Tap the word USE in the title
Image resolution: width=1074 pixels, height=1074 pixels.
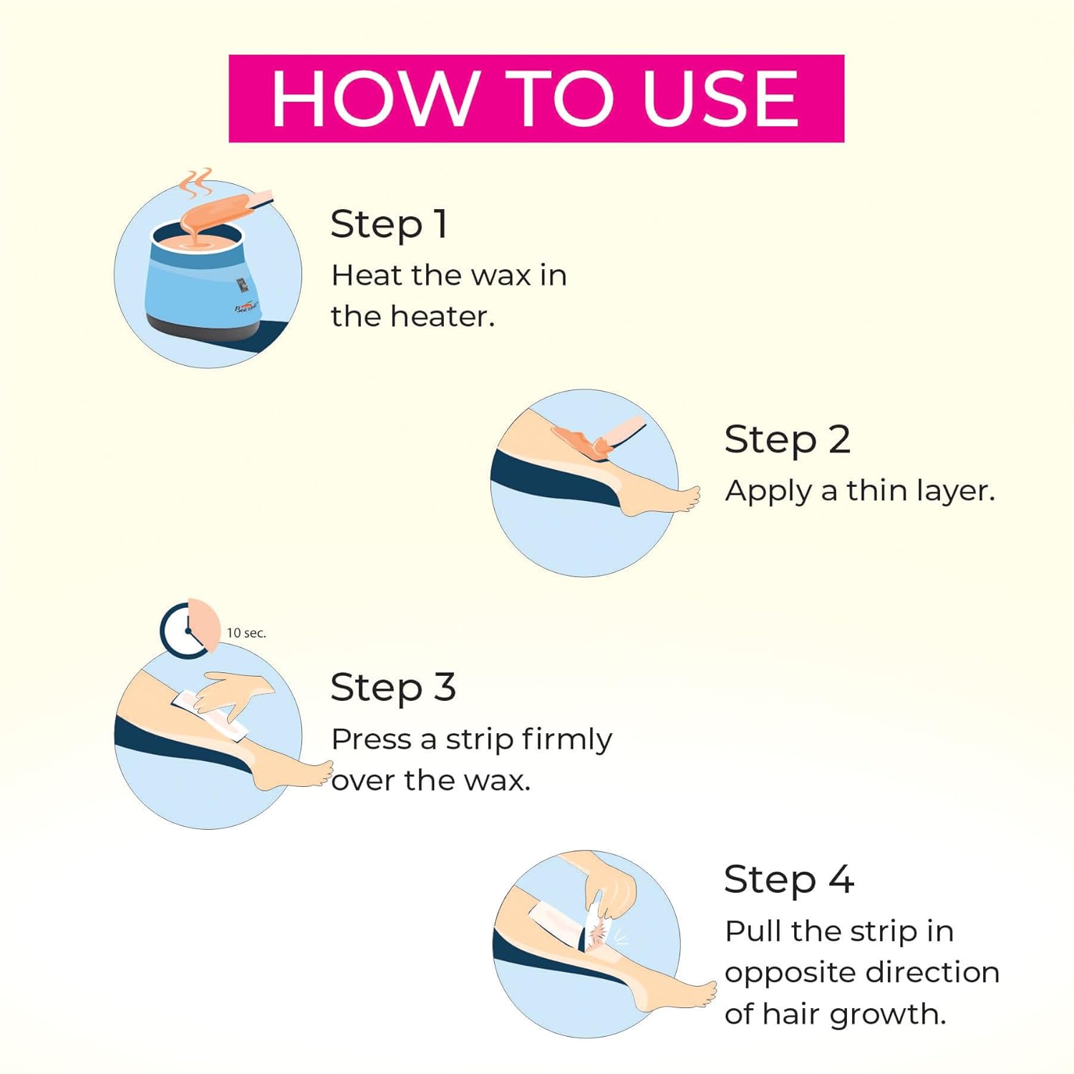pyautogui.click(x=720, y=99)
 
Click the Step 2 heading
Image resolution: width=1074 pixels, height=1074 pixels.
pyautogui.click(x=787, y=440)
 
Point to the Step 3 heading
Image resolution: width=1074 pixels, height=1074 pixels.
pyautogui.click(x=393, y=689)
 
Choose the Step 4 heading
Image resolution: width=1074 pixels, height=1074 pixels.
pyautogui.click(x=788, y=879)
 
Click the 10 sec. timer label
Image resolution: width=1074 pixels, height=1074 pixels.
pyautogui.click(x=246, y=633)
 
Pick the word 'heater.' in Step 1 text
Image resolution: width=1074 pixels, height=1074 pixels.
pyautogui.click(x=442, y=316)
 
